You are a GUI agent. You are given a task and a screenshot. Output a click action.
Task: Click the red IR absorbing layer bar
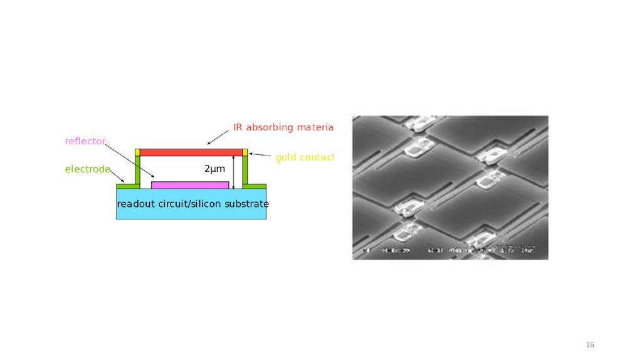click(191, 152)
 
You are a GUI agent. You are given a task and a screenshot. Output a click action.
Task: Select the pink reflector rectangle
click(190, 185)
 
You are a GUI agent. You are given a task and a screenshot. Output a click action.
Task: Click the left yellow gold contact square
click(137, 152)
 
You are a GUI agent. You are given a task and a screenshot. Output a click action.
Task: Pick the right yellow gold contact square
click(245, 152)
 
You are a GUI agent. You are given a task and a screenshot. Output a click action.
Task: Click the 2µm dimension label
click(214, 169)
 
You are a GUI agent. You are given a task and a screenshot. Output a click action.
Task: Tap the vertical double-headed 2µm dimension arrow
click(233, 172)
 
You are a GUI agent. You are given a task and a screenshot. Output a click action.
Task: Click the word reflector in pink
click(85, 141)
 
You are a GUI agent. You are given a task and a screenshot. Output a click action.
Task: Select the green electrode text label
click(88, 169)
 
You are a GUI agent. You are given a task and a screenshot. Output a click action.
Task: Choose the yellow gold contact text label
click(304, 157)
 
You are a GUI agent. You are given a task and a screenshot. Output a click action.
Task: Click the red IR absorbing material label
click(283, 127)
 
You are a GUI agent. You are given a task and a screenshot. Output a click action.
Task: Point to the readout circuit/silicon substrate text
click(192, 204)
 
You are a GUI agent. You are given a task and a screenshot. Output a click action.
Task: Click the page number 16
click(589, 345)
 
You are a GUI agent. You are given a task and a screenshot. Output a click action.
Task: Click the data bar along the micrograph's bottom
click(450, 250)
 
